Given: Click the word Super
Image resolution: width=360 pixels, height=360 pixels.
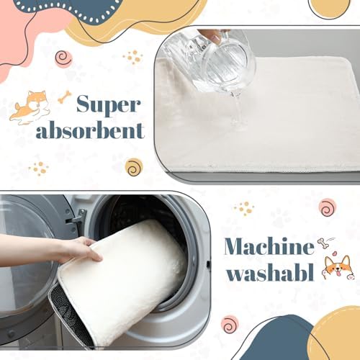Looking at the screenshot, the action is tap(108, 104).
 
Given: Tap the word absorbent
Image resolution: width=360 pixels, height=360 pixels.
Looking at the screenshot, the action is tap(90, 130).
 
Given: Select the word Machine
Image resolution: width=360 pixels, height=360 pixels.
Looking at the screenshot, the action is tap(269, 246).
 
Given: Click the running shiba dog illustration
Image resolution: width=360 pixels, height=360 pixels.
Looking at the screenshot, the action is tap(30, 107).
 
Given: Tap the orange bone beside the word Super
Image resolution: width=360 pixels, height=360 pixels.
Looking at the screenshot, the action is tap(65, 96).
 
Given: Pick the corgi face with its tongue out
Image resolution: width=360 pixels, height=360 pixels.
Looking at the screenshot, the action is tap(338, 268).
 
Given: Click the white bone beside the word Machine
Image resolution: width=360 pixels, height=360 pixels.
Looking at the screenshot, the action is tap(325, 243).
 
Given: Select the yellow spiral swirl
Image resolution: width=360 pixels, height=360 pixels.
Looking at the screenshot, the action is tap(134, 167).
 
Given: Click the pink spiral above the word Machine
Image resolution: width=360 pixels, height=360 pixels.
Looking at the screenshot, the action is tap(328, 207).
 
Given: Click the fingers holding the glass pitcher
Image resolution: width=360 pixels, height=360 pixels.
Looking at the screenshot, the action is tap(216, 35).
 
